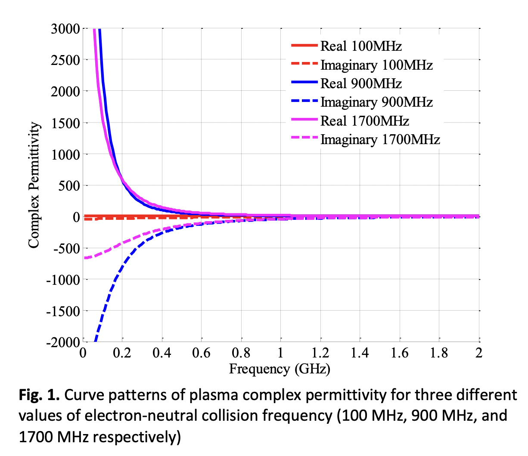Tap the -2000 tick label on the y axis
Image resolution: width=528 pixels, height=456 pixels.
pyautogui.click(x=63, y=342)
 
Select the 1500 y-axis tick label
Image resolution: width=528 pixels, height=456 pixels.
pyautogui.click(x=65, y=123)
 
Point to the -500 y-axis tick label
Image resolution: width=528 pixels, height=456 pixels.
pyautogui.click(x=65, y=249)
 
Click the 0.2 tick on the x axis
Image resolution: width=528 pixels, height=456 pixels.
pyautogui.click(x=122, y=353)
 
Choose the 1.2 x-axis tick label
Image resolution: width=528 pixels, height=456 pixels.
pyautogui.click(x=320, y=353)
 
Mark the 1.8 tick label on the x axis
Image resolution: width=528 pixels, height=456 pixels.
pyautogui.click(x=439, y=353)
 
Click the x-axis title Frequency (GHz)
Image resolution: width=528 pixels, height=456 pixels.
pyautogui.click(x=280, y=369)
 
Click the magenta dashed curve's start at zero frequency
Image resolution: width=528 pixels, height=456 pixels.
pyautogui.click(x=84, y=258)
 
